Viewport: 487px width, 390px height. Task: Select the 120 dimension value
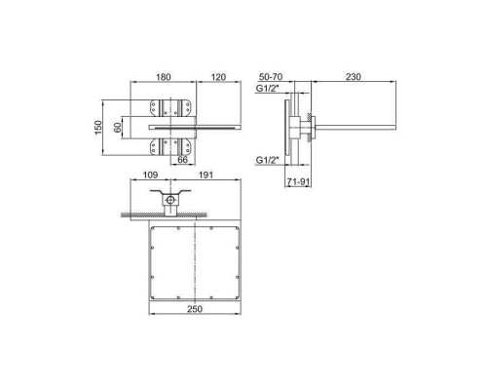pyautogui.click(x=219, y=74)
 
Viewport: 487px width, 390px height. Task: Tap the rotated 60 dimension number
pyautogui.click(x=120, y=126)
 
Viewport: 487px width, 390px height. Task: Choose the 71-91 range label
pyautogui.click(x=299, y=180)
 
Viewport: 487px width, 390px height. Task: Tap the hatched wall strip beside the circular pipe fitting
pyautogui.click(x=136, y=214)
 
